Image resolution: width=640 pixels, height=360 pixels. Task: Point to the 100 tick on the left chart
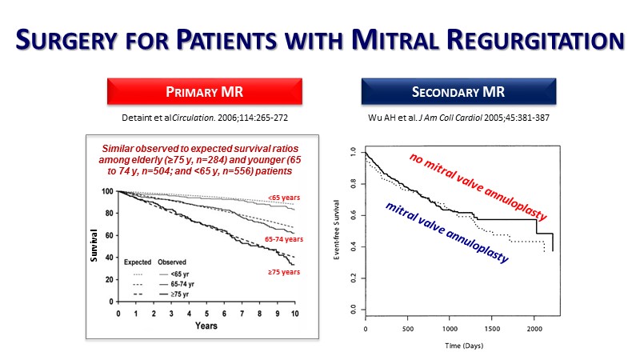tap(106, 192)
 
